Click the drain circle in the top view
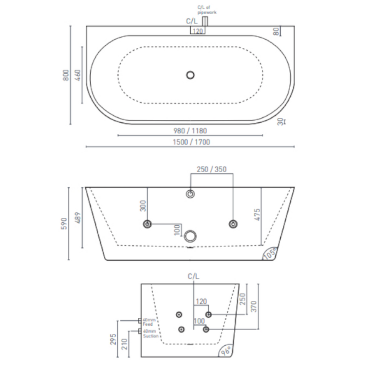click(191, 75)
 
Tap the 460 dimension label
click(78, 75)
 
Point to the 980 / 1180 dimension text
click(190, 130)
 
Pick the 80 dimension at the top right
click(276, 31)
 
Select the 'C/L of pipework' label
click(207, 10)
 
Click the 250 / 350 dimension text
click(211, 169)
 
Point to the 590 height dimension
click(65, 223)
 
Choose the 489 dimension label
click(78, 218)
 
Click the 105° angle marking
click(270, 254)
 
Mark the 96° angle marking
click(226, 350)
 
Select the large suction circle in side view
click(191, 236)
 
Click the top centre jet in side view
click(191, 194)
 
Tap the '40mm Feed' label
click(148, 322)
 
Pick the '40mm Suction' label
click(150, 333)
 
